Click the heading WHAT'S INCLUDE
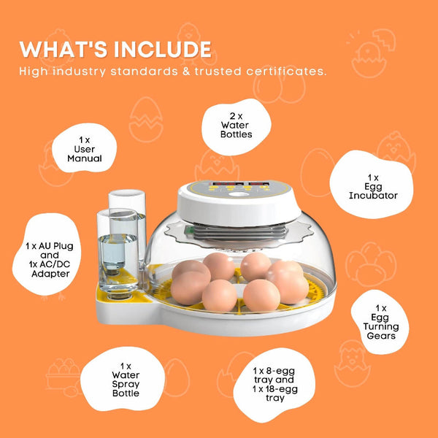(x=115, y=50)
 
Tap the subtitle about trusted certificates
(x=173, y=72)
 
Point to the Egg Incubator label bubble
(x=373, y=187)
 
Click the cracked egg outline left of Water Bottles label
(x=146, y=120)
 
